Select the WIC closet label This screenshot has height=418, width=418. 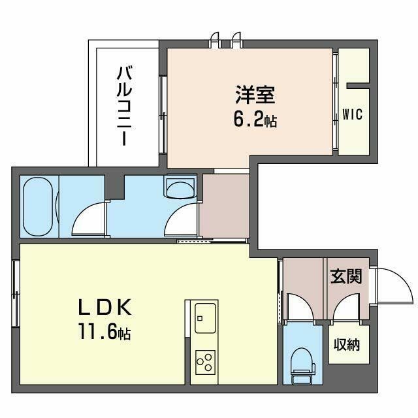pyautogui.click(x=352, y=114)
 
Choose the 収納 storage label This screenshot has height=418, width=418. pyautogui.click(x=347, y=345)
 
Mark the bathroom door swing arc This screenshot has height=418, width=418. pyautogui.click(x=88, y=218)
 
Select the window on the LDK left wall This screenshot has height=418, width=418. pyautogui.click(x=14, y=287)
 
